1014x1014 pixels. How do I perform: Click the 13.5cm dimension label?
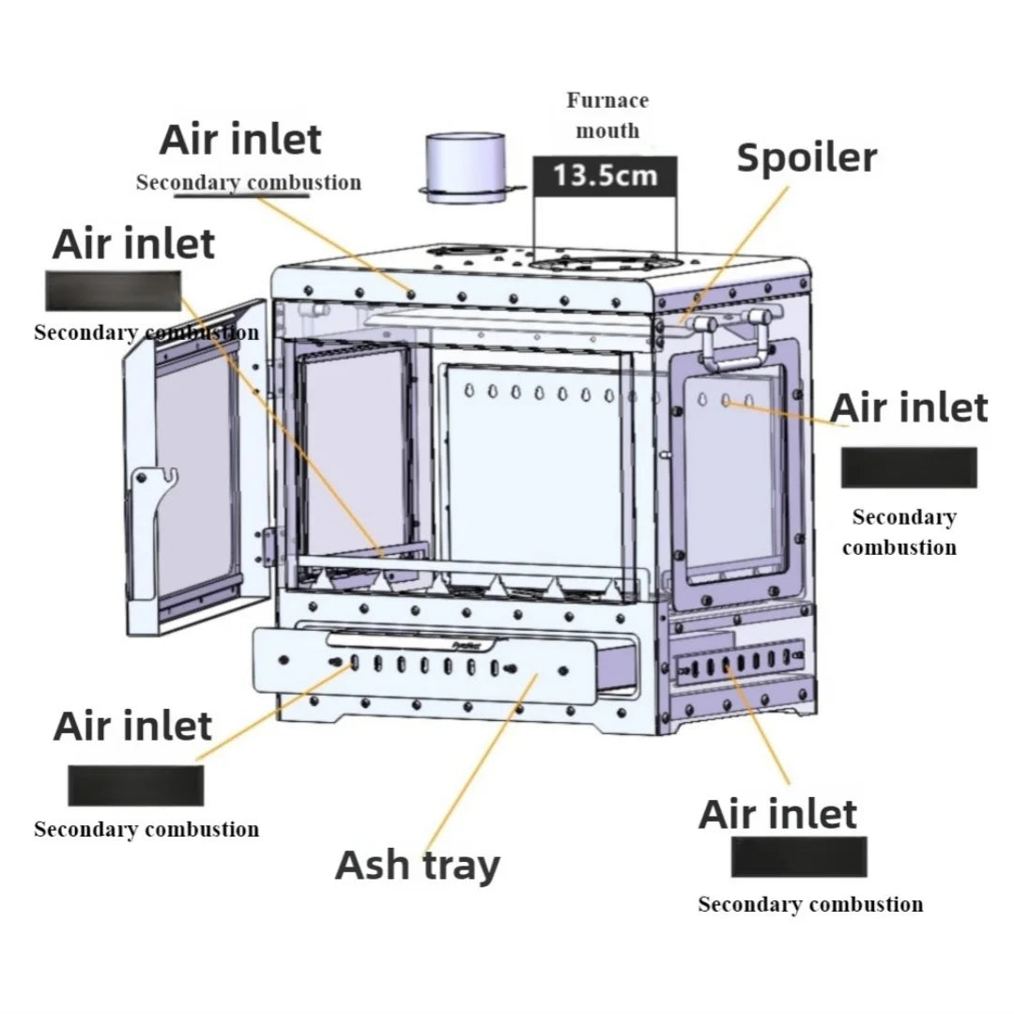604,176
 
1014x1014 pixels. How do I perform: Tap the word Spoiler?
807,158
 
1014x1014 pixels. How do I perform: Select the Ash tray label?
418,865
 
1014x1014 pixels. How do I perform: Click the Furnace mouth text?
607,115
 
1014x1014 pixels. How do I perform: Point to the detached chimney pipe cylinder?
465,167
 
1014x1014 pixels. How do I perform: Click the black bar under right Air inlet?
908,467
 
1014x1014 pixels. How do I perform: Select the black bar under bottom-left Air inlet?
135,785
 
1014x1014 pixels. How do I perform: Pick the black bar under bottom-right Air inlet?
799,856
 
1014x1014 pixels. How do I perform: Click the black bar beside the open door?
114,290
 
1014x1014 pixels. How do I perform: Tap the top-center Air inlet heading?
240,140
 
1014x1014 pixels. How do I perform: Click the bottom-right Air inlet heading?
777,814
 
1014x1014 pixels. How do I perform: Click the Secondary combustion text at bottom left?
146,829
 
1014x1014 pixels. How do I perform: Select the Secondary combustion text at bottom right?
810,904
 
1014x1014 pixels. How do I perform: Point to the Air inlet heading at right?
909,408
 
